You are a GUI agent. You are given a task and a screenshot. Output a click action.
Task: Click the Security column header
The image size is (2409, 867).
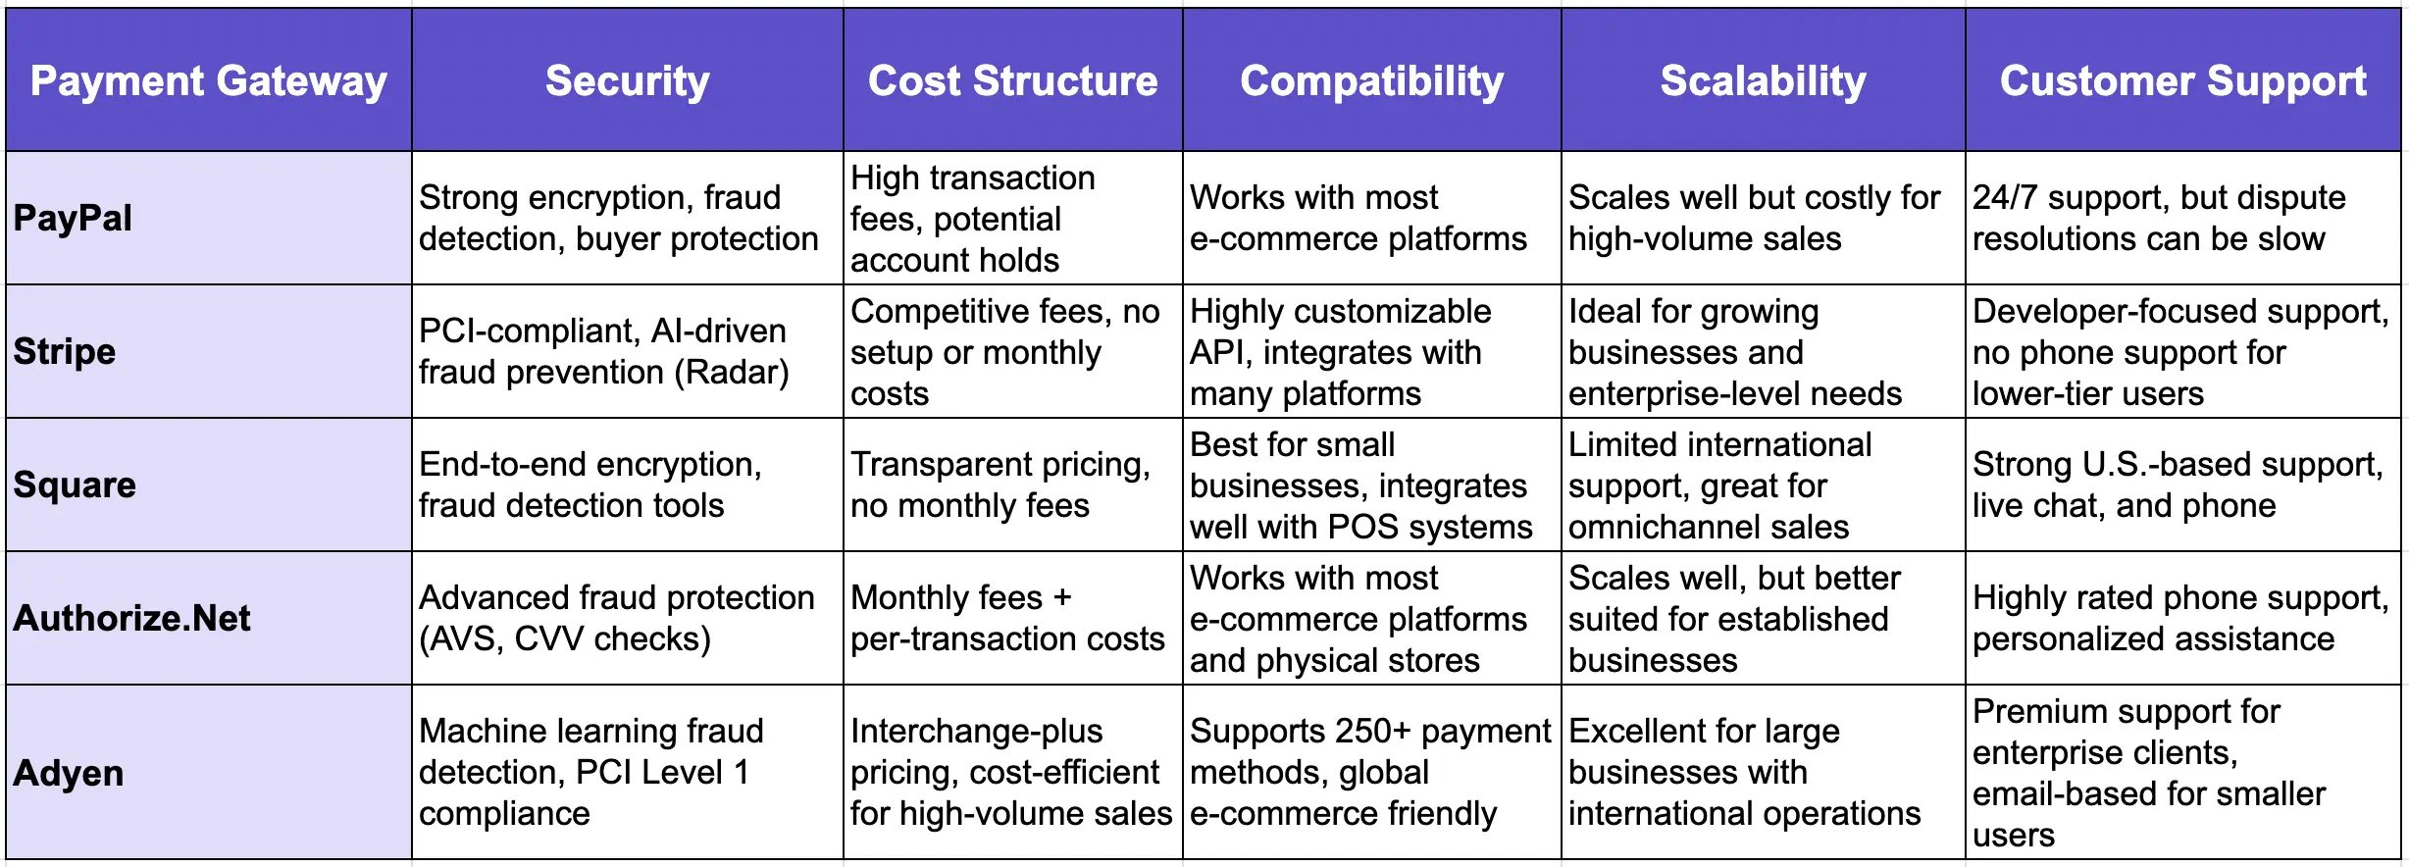coord(627,80)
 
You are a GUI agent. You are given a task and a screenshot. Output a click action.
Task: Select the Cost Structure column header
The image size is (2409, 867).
coord(1012,80)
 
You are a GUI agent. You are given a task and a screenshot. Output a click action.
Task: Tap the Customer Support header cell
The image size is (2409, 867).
coord(2182,80)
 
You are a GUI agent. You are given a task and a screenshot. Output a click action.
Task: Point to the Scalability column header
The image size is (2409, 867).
coord(1763,80)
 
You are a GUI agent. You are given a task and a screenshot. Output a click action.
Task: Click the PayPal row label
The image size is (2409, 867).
coord(73,218)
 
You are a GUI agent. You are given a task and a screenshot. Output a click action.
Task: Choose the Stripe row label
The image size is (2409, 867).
coord(65,351)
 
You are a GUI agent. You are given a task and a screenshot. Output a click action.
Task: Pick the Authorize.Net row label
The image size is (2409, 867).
coord(131,618)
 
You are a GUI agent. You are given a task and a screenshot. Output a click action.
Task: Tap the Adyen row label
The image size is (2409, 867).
coord(69,773)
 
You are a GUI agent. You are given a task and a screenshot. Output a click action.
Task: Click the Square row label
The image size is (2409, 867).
coord(75,484)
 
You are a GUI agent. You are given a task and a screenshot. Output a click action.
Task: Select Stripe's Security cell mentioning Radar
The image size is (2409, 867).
coord(604,351)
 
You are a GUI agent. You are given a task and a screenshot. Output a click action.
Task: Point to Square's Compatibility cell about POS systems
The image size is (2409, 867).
coord(1360,484)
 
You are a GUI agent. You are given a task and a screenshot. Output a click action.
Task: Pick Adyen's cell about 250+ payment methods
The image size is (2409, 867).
coord(1369,772)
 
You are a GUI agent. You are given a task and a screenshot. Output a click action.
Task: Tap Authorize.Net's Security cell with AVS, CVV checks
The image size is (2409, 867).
coord(616,618)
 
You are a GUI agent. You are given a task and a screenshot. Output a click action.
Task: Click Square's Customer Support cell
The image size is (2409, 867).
coord(2178,484)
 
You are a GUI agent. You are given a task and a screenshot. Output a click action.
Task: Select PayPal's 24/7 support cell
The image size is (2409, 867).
coord(2158,218)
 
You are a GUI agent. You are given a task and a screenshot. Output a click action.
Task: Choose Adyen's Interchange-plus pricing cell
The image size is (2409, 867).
coord(1010,772)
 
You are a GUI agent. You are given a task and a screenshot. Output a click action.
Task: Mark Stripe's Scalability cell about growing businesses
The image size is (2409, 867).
coord(1734,351)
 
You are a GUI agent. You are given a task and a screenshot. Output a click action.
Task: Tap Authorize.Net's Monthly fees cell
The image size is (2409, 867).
coord(1006,618)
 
